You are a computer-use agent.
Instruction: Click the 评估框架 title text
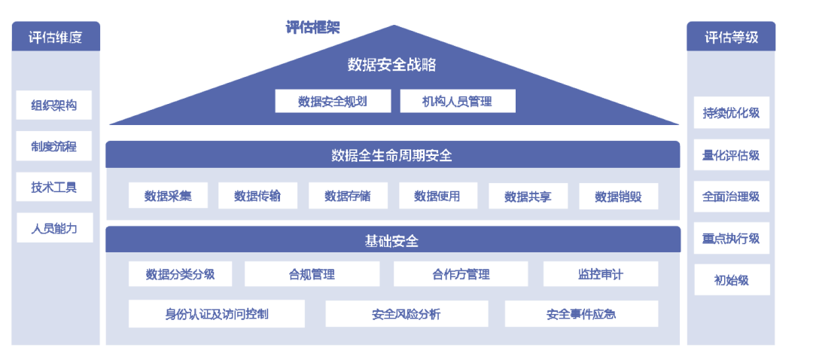[x=312, y=28]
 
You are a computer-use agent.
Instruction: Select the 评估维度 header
[x=56, y=36]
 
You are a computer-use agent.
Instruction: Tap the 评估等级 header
[x=731, y=36]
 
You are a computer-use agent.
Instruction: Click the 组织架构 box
[x=54, y=105]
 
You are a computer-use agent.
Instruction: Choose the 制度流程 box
[x=54, y=146]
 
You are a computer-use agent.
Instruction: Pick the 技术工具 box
[x=54, y=187]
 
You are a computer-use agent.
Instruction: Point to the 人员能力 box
[x=54, y=227]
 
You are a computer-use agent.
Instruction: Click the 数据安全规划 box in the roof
[x=333, y=101]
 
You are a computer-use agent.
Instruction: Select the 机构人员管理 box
[x=458, y=101]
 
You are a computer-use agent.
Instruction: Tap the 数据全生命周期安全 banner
[x=392, y=154]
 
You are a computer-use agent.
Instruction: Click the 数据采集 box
[x=168, y=196]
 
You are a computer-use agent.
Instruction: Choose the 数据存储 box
[x=348, y=196]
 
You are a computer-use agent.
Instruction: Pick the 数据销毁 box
[x=619, y=196]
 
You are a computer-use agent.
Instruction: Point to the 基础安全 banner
[x=392, y=239]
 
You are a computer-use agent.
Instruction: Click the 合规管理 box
[x=312, y=274]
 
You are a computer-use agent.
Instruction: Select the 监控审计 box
[x=601, y=274]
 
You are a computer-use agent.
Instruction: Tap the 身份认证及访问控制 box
[x=217, y=313]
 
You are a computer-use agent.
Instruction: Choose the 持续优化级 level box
[x=732, y=112]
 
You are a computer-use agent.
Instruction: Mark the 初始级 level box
[x=732, y=279]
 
